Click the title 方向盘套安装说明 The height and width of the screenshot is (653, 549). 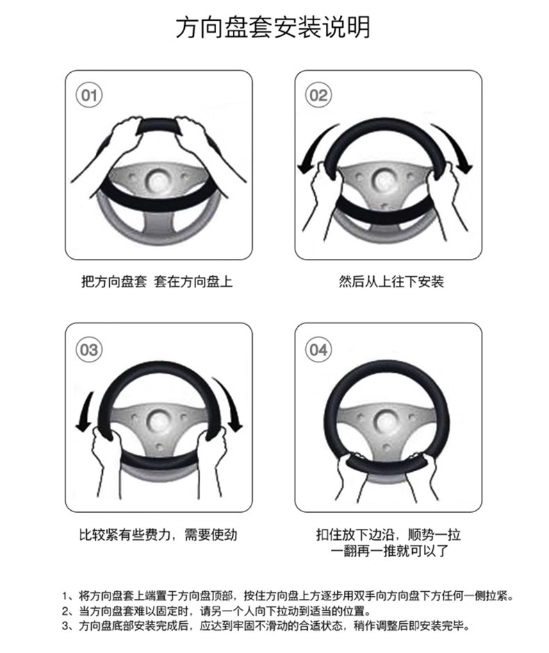[x=273, y=28]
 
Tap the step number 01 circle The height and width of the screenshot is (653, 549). [x=89, y=95]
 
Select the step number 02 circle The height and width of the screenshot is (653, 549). [x=319, y=95]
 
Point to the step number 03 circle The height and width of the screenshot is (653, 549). [x=89, y=350]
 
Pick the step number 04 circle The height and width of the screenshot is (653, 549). [x=319, y=350]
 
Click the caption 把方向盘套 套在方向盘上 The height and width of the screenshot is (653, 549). [x=157, y=282]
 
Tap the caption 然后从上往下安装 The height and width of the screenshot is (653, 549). [x=391, y=282]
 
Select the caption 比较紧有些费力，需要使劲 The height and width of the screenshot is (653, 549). [x=158, y=534]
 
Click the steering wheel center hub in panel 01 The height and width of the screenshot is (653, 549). [x=158, y=180]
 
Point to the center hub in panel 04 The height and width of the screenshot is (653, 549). [x=388, y=421]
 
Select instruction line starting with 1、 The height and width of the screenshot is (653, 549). [x=288, y=595]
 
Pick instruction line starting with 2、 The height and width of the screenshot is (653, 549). [x=216, y=611]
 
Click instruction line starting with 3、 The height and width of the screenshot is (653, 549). [x=266, y=626]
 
